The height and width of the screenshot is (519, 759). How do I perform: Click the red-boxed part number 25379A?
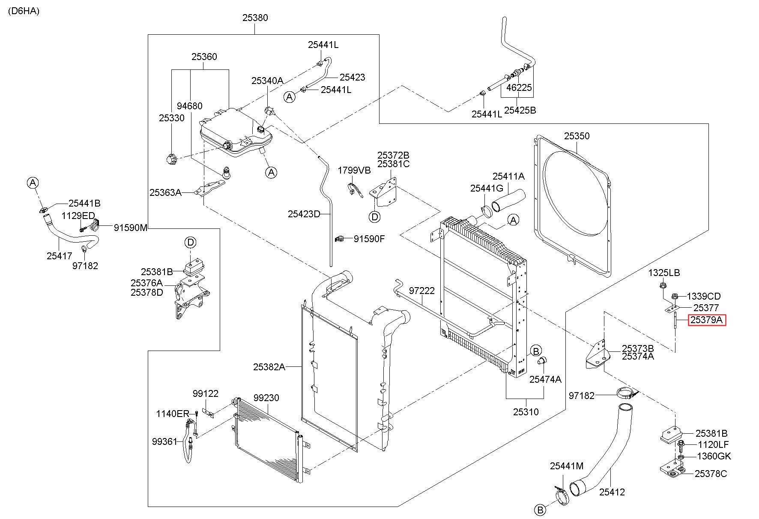click(707, 320)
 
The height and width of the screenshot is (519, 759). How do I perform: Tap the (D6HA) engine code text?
click(24, 11)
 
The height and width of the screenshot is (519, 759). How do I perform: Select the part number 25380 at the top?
click(255, 18)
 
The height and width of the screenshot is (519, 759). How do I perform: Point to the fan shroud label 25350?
click(577, 136)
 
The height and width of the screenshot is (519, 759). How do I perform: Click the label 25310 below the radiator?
click(526, 412)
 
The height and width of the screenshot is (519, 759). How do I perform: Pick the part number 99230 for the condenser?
click(266, 398)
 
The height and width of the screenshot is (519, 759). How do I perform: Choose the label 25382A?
click(269, 367)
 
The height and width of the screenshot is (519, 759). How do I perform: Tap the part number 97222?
click(421, 291)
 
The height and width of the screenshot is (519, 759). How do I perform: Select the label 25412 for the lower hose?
click(612, 492)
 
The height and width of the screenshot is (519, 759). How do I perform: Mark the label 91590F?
click(369, 239)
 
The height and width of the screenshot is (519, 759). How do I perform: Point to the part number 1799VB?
click(354, 170)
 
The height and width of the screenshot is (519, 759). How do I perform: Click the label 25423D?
click(304, 214)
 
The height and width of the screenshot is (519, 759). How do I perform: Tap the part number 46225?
click(519, 87)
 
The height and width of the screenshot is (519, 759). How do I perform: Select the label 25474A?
click(545, 379)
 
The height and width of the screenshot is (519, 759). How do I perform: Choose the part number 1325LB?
click(664, 273)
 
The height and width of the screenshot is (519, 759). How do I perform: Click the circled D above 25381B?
click(190, 243)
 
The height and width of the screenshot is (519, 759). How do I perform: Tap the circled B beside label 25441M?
click(540, 510)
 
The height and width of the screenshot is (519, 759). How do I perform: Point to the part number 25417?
click(59, 256)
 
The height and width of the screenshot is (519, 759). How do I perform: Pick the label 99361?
click(164, 441)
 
